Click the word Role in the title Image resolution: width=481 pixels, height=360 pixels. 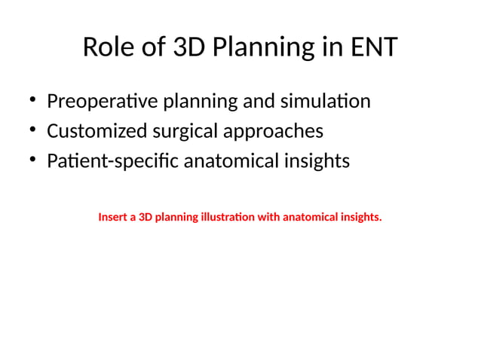[x=106, y=47]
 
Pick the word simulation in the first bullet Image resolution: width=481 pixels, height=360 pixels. [x=326, y=101]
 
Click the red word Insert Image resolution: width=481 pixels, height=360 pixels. [x=112, y=218]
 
